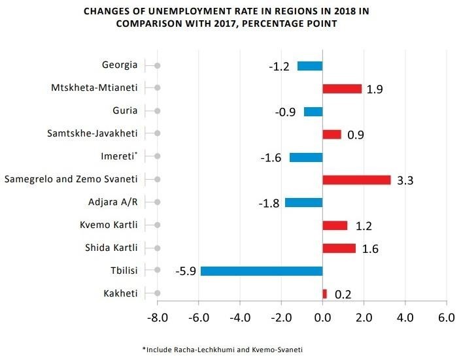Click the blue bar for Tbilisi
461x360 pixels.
click(262, 271)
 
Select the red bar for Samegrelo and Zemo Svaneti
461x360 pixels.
click(356, 180)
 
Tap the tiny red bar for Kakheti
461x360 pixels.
click(325, 293)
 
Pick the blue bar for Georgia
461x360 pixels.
click(310, 65)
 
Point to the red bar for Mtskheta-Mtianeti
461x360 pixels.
click(342, 88)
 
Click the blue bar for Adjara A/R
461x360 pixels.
click(304, 203)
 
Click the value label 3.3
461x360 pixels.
click(405, 180)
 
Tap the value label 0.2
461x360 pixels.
click(343, 295)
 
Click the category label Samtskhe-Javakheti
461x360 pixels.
click(92, 134)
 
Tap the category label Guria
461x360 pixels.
click(125, 111)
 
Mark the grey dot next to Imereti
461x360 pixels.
click(158, 157)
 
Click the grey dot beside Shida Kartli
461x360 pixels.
click(158, 248)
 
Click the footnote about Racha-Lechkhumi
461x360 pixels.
click(222, 350)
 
